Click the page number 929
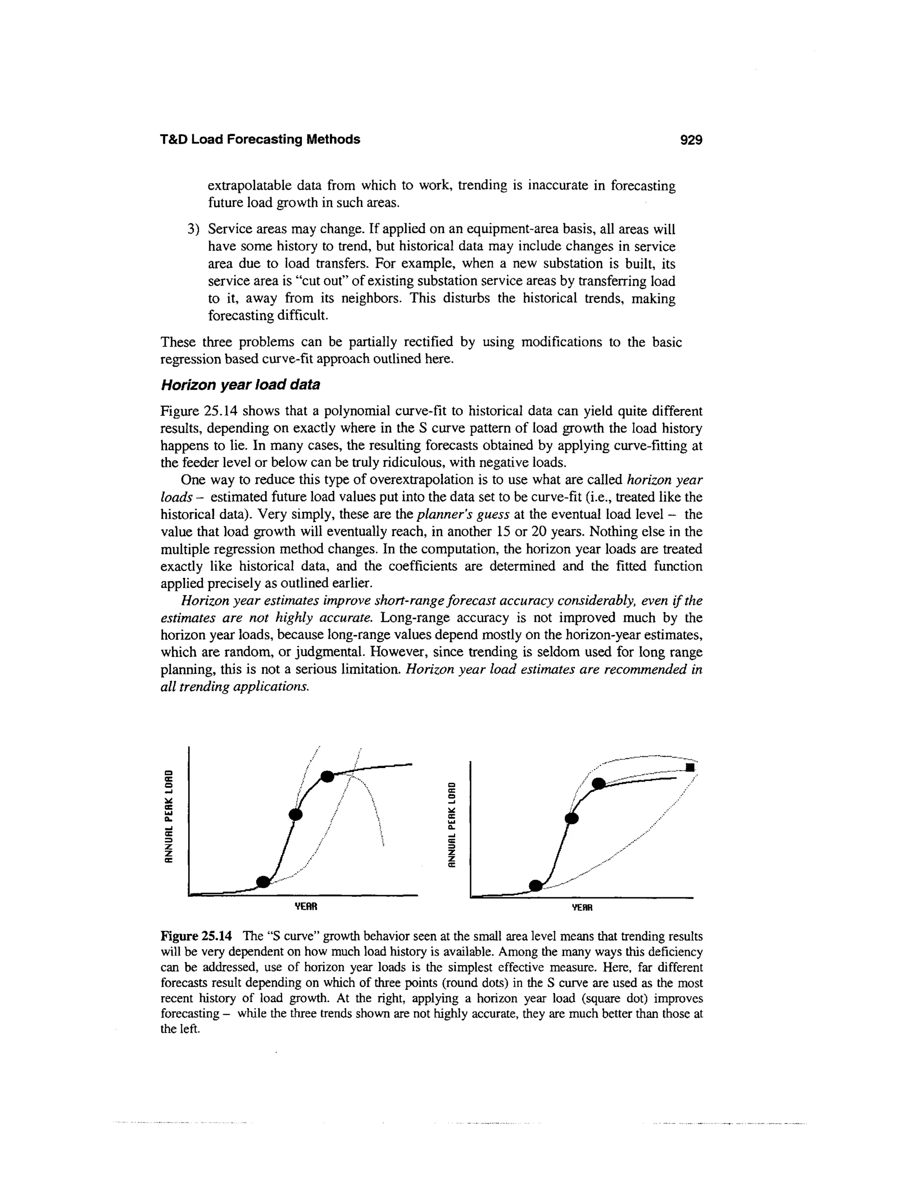click(691, 140)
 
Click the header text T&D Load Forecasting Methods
click(260, 140)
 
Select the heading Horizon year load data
click(240, 385)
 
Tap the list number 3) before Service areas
click(193, 229)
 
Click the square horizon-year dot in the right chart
click(690, 767)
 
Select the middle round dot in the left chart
click(295, 814)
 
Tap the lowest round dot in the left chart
click(263, 881)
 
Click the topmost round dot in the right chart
click(598, 784)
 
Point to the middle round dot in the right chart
click(572, 819)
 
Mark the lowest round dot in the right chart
click(536, 886)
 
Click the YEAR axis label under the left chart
click(305, 906)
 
